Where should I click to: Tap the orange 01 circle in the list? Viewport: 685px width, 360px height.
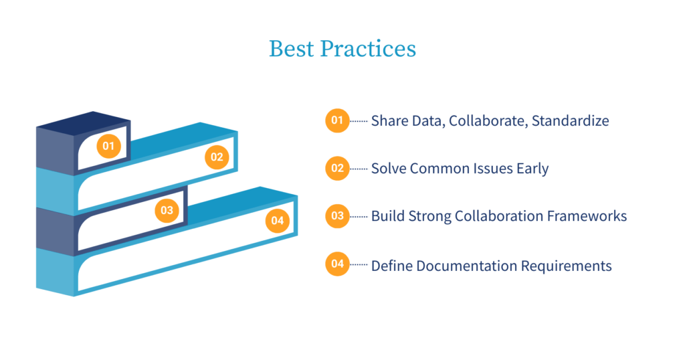coord(337,121)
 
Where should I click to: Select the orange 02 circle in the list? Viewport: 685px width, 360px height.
coord(337,168)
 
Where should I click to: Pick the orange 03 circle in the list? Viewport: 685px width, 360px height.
coord(337,216)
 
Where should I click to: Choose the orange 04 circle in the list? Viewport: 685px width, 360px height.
coord(337,264)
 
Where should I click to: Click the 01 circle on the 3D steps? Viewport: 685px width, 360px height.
coord(109,145)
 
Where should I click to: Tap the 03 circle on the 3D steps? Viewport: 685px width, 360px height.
coord(167,211)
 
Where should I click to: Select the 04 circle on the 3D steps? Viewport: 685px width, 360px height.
coord(278,221)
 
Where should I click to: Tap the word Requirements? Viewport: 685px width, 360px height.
coord(571,266)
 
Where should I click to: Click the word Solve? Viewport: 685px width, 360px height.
coord(389,169)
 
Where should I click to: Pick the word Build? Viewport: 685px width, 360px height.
coord(387,216)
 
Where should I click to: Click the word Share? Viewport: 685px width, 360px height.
coord(389,121)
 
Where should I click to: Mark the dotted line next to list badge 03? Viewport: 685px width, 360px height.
coord(359,216)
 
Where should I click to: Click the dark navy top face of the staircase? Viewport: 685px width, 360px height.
coord(83,122)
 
